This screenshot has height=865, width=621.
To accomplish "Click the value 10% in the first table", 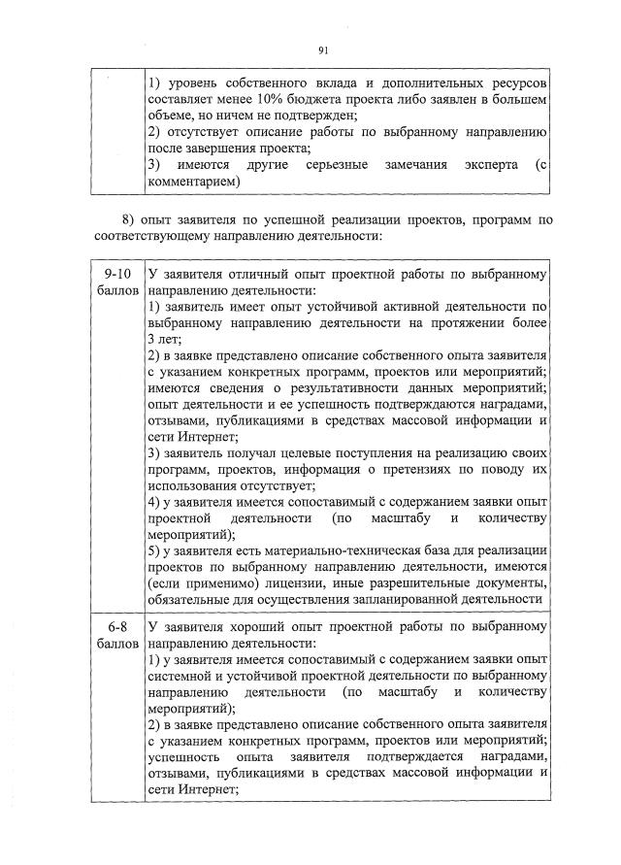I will click(288, 100).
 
